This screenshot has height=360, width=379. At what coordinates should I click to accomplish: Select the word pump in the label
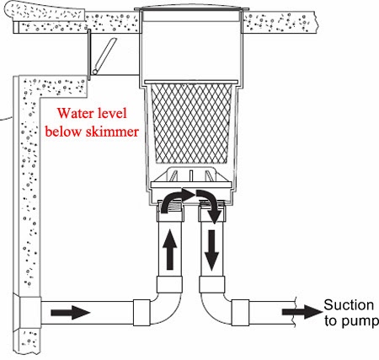point(358,321)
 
